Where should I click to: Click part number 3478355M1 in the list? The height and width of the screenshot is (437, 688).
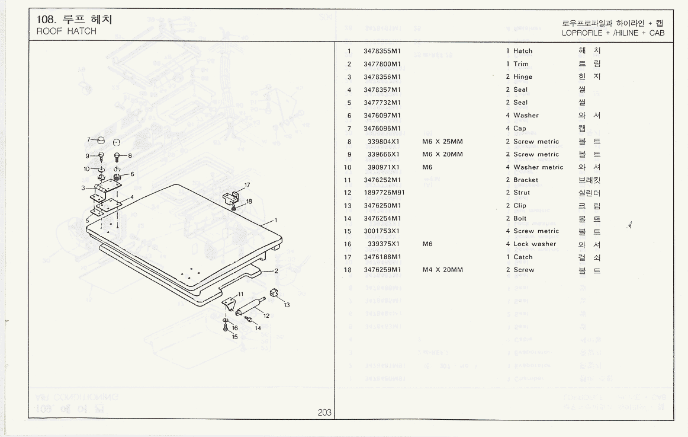[382, 51]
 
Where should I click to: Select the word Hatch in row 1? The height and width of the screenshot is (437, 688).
[523, 51]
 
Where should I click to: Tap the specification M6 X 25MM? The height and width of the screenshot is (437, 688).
[442, 142]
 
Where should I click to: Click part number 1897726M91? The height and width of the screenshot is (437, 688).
[384, 193]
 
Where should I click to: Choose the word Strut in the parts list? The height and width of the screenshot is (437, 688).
[522, 193]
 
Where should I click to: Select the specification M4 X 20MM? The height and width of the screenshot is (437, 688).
[442, 270]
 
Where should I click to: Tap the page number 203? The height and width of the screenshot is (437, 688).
[324, 413]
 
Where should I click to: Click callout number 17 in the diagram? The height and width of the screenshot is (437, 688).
[247, 185]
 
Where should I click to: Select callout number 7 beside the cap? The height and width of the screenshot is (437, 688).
[88, 139]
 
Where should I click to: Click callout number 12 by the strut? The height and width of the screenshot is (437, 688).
[266, 315]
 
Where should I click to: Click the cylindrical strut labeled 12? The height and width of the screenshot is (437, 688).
[250, 307]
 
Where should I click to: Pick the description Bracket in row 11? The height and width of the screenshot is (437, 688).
[526, 180]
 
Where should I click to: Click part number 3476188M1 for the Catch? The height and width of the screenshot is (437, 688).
[382, 257]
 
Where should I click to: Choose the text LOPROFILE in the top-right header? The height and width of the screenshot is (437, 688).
[583, 33]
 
